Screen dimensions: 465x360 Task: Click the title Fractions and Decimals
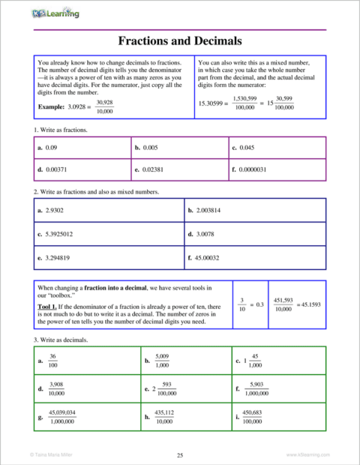[x=180, y=40]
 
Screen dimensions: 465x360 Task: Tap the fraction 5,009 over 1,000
[x=162, y=361]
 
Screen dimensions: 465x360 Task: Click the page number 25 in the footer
[x=180, y=454]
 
